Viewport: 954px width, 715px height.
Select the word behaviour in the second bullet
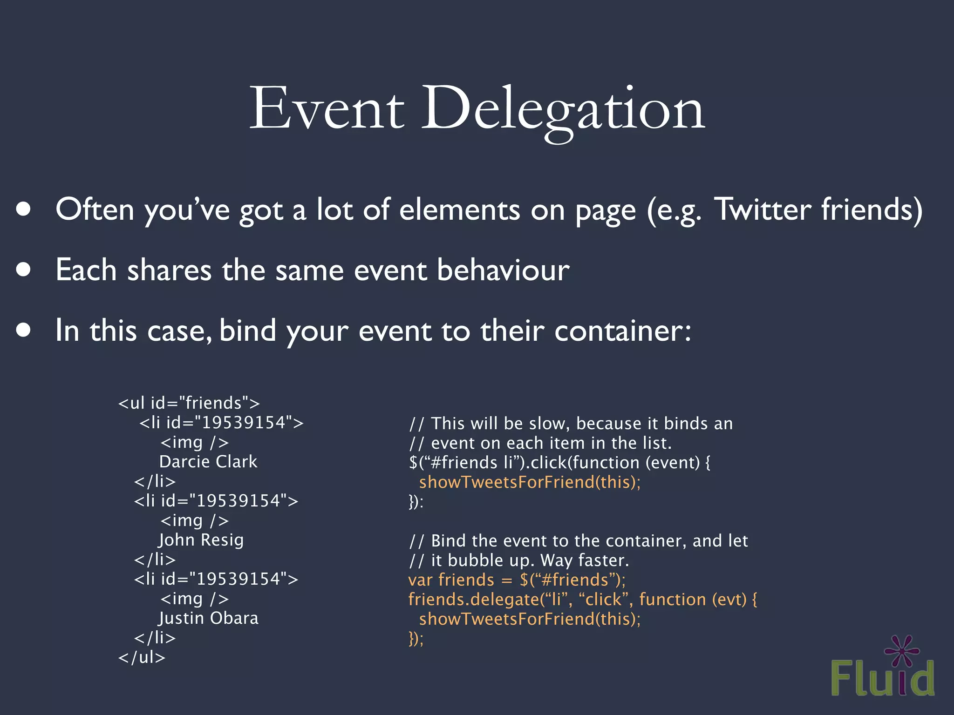coord(503,270)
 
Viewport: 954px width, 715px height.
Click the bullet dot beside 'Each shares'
coord(23,270)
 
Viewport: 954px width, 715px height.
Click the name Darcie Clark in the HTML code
coord(208,462)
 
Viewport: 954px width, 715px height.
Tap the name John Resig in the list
coord(201,540)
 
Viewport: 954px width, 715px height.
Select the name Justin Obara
coord(208,618)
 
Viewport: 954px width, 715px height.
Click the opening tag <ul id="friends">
coord(189,403)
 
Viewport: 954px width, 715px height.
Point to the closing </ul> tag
coord(142,657)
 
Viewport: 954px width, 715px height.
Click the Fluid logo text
coord(882,679)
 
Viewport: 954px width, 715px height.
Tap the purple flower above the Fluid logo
coord(902,650)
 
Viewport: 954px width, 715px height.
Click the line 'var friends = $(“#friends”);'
coord(517,580)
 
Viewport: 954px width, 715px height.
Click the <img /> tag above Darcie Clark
coord(194,442)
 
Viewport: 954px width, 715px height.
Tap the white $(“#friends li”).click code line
coord(559,463)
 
